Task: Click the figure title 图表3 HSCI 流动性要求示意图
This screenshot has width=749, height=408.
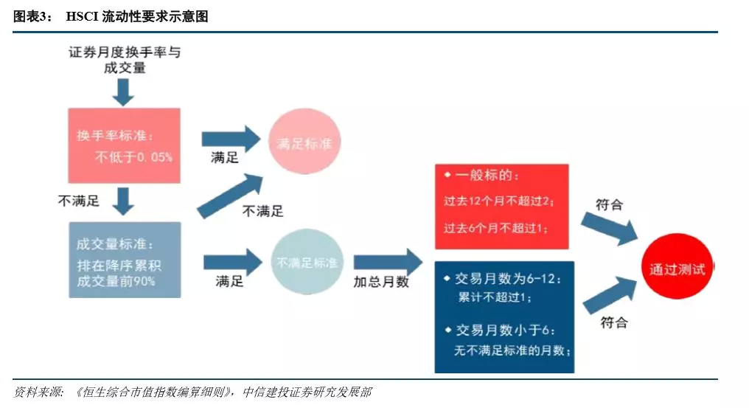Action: click(111, 16)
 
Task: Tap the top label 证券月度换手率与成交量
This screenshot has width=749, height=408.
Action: click(125, 59)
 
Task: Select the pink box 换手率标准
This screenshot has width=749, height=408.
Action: click(124, 145)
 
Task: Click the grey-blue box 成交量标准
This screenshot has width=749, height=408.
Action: click(125, 260)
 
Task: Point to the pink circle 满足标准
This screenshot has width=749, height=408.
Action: click(304, 142)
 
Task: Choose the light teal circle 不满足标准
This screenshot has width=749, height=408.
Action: click(307, 262)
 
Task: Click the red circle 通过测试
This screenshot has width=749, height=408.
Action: click(677, 266)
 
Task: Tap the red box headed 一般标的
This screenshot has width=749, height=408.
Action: click(501, 207)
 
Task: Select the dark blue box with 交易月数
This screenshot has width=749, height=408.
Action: click(504, 317)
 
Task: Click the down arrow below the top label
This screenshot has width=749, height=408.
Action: click(123, 92)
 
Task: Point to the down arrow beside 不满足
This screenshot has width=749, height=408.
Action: click(123, 201)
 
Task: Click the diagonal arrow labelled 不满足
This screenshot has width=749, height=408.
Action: click(230, 196)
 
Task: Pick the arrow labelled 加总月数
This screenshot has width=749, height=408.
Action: click(388, 262)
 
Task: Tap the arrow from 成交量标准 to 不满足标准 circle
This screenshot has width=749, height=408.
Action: click(233, 262)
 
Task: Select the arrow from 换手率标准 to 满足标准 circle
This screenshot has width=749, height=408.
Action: click(231, 139)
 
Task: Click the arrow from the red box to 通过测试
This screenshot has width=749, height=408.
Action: click(610, 228)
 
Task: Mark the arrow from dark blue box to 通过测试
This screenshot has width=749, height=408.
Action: click(610, 296)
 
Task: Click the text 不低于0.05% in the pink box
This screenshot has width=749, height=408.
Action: click(133, 157)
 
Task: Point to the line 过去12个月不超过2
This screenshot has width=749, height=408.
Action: click(498, 201)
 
